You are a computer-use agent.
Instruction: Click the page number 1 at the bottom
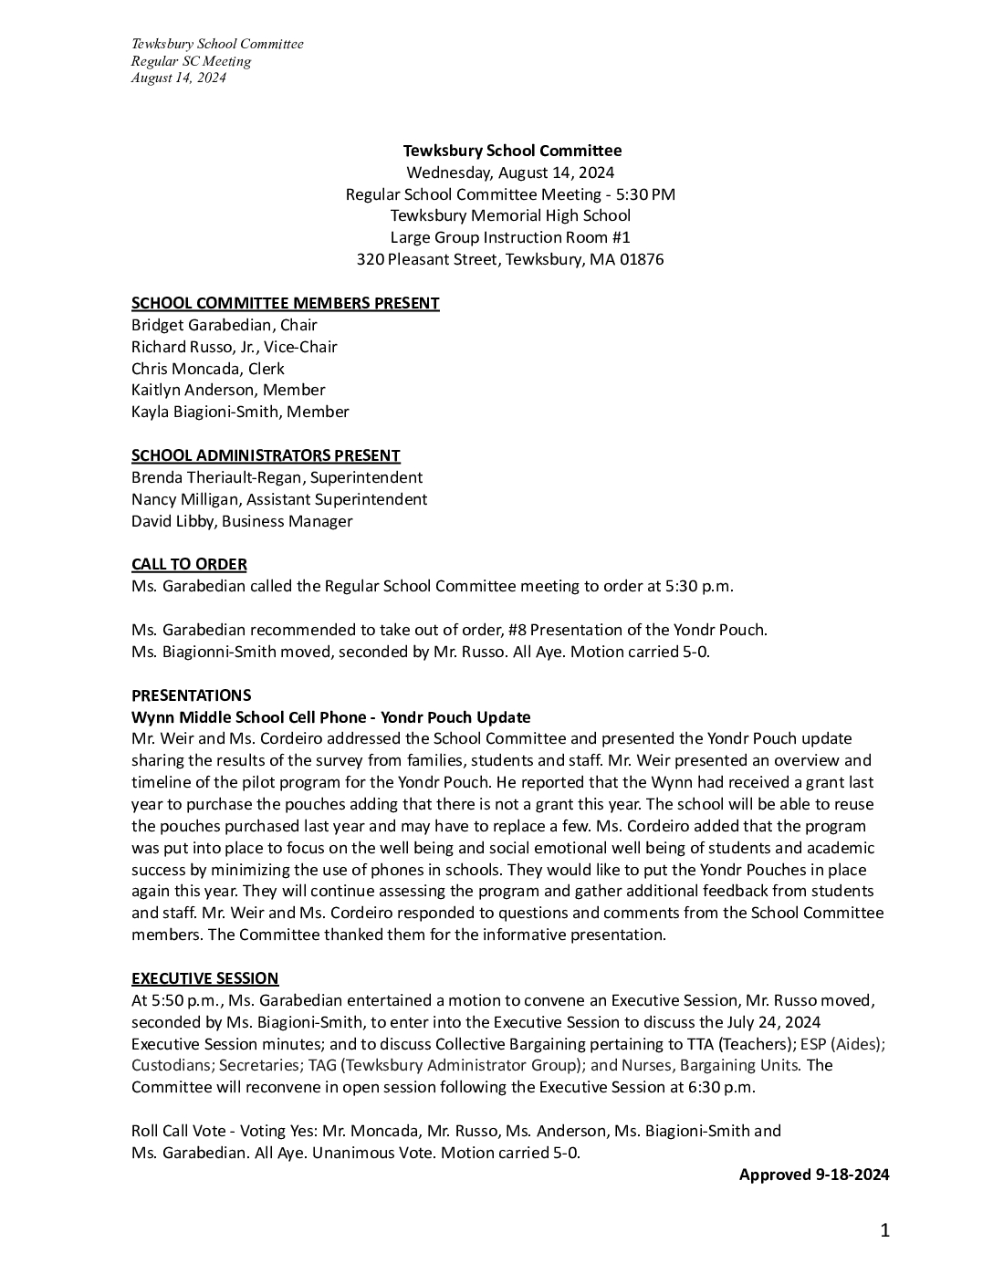pyautogui.click(x=884, y=1231)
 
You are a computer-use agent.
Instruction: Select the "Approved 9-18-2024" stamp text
pyautogui.click(x=813, y=1175)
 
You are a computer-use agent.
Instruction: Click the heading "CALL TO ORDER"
pyautogui.click(x=189, y=564)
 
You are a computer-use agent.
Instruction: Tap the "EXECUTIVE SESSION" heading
pyautogui.click(x=204, y=978)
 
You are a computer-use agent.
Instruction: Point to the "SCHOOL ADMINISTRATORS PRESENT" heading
pyautogui.click(x=266, y=455)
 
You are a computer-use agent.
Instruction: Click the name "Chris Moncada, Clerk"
pyautogui.click(x=208, y=369)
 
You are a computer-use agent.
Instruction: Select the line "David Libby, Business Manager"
pyautogui.click(x=242, y=521)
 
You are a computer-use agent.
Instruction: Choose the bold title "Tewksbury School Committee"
pyautogui.click(x=512, y=151)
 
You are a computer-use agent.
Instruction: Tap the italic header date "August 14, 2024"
pyautogui.click(x=178, y=78)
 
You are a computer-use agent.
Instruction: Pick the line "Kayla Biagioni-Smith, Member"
pyautogui.click(x=240, y=412)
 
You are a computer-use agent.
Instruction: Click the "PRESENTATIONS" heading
pyautogui.click(x=191, y=695)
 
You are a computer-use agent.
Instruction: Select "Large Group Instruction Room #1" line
pyautogui.click(x=510, y=237)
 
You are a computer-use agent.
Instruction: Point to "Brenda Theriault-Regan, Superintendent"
pyautogui.click(x=277, y=477)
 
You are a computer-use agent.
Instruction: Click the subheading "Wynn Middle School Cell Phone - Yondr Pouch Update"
pyautogui.click(x=330, y=717)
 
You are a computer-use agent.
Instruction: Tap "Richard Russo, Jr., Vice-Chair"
pyautogui.click(x=235, y=347)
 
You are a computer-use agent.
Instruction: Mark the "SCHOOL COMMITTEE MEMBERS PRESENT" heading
pyautogui.click(x=285, y=303)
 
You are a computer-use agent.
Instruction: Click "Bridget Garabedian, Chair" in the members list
pyautogui.click(x=225, y=325)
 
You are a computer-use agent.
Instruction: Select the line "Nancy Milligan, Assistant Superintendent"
pyautogui.click(x=279, y=499)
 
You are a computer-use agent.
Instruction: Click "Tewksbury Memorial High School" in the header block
pyautogui.click(x=510, y=215)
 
